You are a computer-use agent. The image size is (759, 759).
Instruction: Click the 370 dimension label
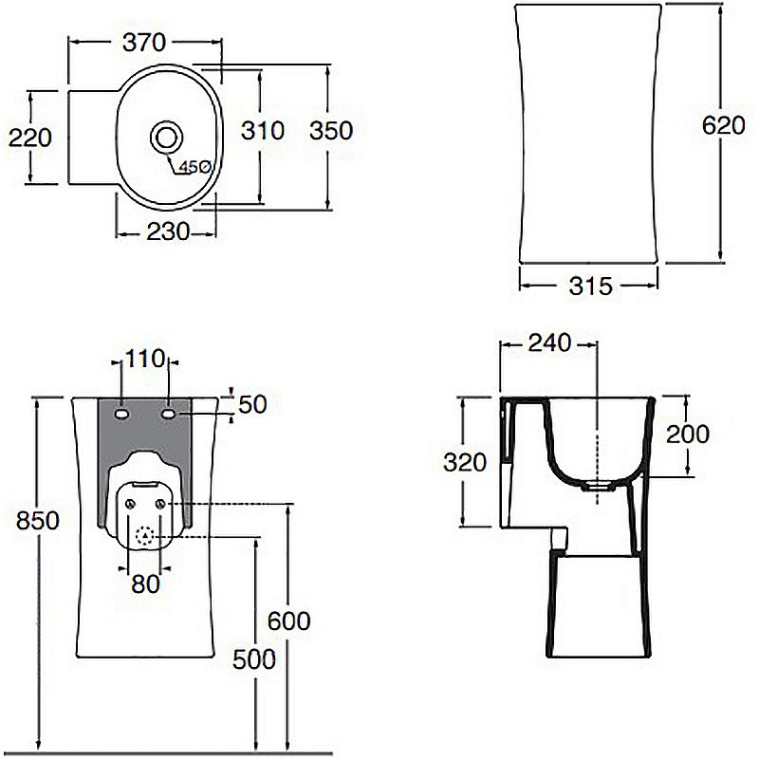144,43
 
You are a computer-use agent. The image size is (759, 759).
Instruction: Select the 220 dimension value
30,138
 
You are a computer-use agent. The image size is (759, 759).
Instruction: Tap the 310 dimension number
263,131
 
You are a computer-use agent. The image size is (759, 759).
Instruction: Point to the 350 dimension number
331,131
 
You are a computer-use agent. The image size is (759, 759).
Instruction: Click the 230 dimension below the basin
168,231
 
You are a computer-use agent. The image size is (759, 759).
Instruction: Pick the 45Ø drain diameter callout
194,167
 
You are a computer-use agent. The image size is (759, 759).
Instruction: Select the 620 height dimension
724,126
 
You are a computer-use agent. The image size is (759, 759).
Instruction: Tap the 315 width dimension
590,287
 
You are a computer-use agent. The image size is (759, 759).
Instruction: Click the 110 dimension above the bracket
145,359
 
